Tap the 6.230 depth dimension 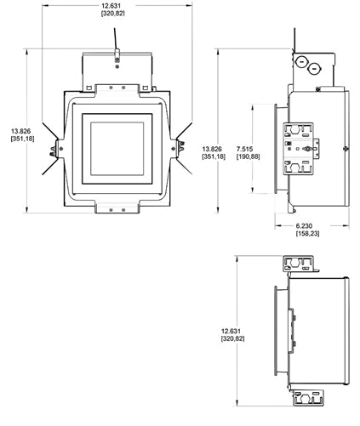[x=307, y=224]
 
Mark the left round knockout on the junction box [x=300, y=60]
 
